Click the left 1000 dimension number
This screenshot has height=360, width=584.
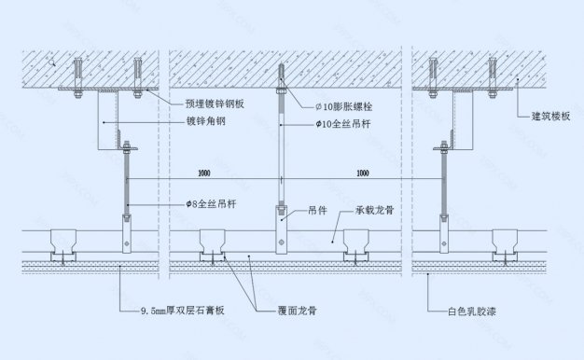point(204,173)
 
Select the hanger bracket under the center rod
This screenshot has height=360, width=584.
point(279,228)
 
